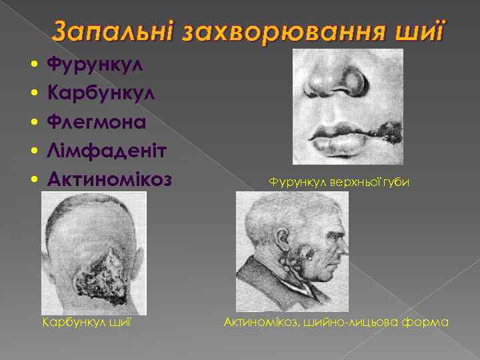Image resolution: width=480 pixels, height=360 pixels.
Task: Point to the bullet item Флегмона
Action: tap(96, 123)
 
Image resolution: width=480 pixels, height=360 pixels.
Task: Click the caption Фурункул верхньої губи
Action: tap(339, 181)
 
